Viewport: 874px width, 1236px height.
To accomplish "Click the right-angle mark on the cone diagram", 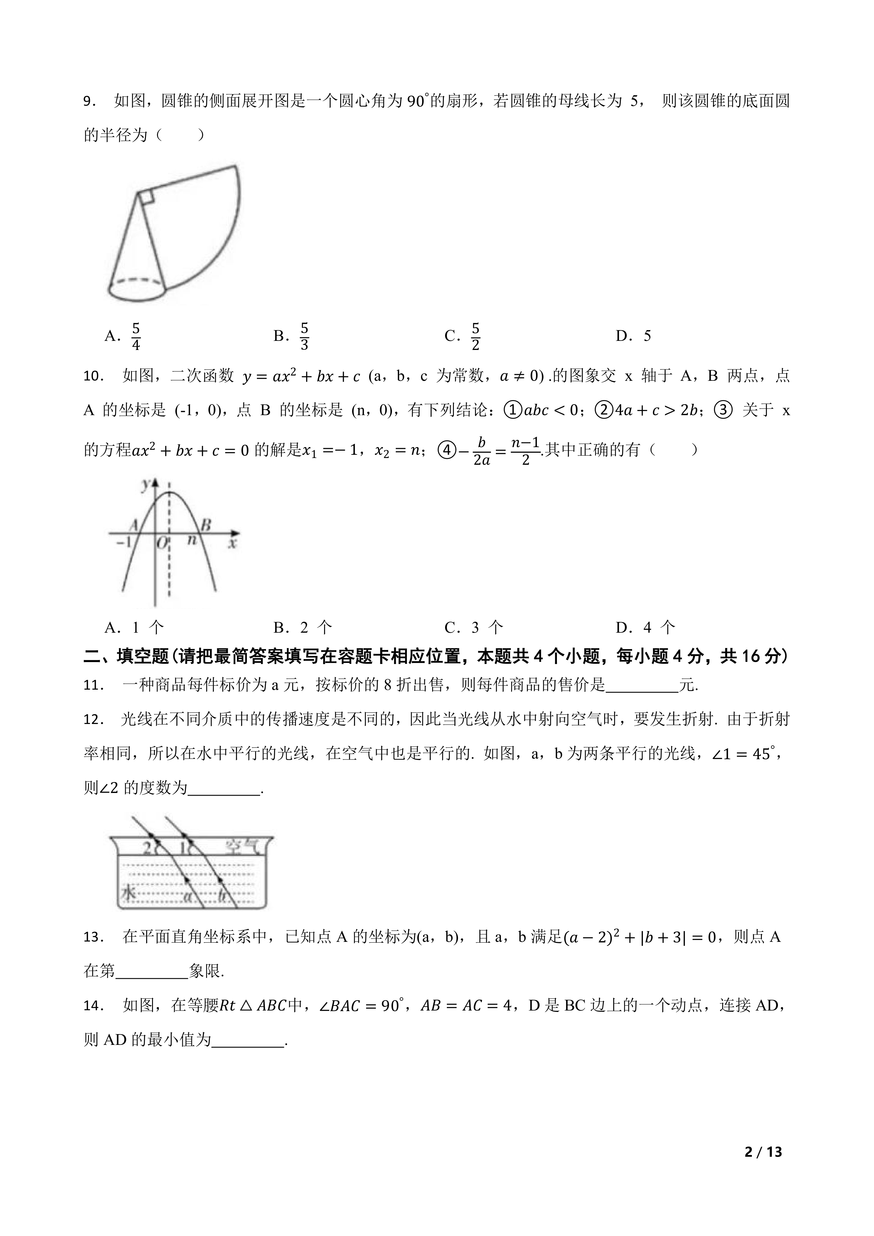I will (x=147, y=198).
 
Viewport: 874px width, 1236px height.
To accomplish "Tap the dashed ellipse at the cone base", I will (x=137, y=280).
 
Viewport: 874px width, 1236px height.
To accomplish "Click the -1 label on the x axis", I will (x=123, y=542).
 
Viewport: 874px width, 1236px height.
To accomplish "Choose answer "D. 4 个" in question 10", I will (x=645, y=627).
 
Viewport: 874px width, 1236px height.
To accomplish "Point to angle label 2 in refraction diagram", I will (x=146, y=849).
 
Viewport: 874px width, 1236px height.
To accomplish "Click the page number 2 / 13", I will (x=763, y=1167).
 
